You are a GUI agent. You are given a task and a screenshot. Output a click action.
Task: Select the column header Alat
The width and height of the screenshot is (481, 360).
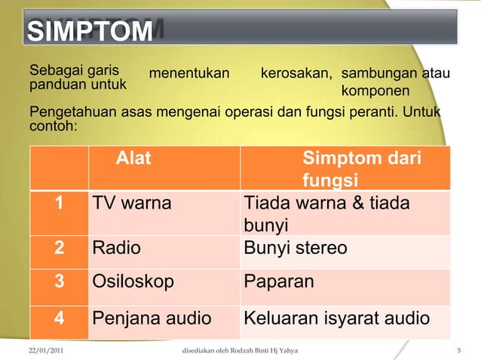[133, 159]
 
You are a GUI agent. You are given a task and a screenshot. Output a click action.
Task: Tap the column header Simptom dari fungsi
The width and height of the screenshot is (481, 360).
[361, 169]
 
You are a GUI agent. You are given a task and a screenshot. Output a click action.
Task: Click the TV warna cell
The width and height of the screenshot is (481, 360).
[131, 203]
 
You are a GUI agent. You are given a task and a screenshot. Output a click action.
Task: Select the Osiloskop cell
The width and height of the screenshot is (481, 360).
[133, 281]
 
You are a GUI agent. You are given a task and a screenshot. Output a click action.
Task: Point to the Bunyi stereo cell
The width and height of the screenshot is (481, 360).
[296, 248]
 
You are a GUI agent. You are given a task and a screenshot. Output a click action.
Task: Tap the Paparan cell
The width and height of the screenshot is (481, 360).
[279, 281]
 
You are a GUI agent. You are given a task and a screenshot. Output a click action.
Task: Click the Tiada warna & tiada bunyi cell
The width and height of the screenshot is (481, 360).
[326, 214]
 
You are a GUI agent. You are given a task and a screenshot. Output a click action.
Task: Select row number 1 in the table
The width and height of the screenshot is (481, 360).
[59, 203]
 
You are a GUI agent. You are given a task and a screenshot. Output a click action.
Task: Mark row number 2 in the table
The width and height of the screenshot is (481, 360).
[59, 248]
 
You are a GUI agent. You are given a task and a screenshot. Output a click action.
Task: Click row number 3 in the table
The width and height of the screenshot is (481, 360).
[59, 281]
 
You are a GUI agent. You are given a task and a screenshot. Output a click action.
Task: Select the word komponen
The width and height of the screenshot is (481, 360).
[375, 92]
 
